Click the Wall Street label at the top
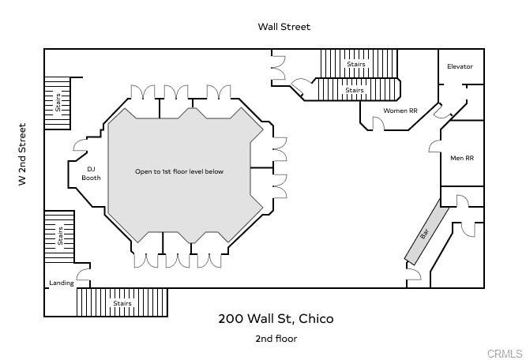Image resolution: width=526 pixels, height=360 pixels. (284, 27)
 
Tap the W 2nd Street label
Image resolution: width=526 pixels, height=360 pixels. (23, 154)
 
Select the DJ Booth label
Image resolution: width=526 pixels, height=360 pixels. (91, 173)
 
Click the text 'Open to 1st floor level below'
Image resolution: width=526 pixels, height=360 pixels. (179, 171)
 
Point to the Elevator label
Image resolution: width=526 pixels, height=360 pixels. (460, 66)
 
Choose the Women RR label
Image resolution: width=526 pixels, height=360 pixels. (400, 111)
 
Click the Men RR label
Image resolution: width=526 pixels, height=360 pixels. (461, 158)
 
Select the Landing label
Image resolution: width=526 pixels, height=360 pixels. (61, 283)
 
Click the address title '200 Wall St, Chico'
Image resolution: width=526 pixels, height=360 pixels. (276, 319)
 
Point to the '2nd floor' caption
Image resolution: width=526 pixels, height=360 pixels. (276, 339)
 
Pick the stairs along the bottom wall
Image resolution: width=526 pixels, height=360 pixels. (122, 302)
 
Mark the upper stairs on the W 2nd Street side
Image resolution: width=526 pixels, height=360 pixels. (57, 103)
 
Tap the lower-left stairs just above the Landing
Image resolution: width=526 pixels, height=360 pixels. (59, 235)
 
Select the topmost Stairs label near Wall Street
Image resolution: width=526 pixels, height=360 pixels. (356, 64)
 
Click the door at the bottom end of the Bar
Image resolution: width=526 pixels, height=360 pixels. (414, 276)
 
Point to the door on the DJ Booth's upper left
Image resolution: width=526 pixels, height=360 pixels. (79, 145)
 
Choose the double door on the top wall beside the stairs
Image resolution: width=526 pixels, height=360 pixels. (278, 68)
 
